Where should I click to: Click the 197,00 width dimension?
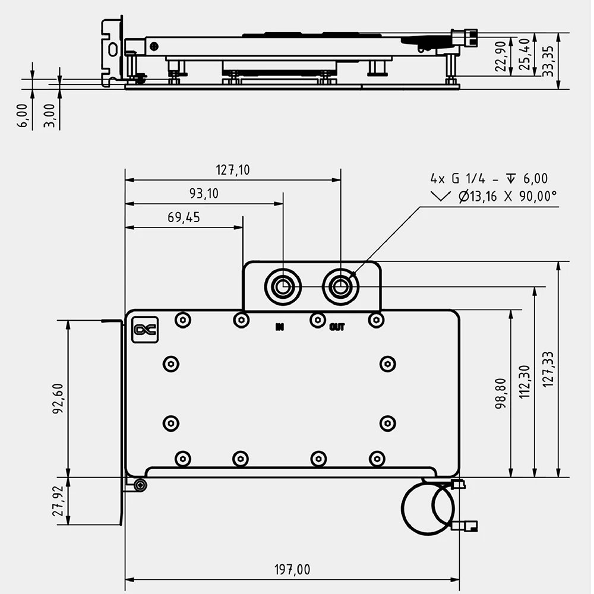point(292,570)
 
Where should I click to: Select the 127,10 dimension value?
point(233,170)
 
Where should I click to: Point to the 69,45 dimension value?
point(184,217)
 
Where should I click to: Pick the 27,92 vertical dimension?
point(58,501)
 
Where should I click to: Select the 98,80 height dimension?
point(501,394)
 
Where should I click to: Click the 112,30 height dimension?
point(525,381)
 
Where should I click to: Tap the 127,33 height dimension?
point(548,369)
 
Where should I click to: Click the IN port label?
point(280,326)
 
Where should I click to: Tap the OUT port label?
point(337,326)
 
